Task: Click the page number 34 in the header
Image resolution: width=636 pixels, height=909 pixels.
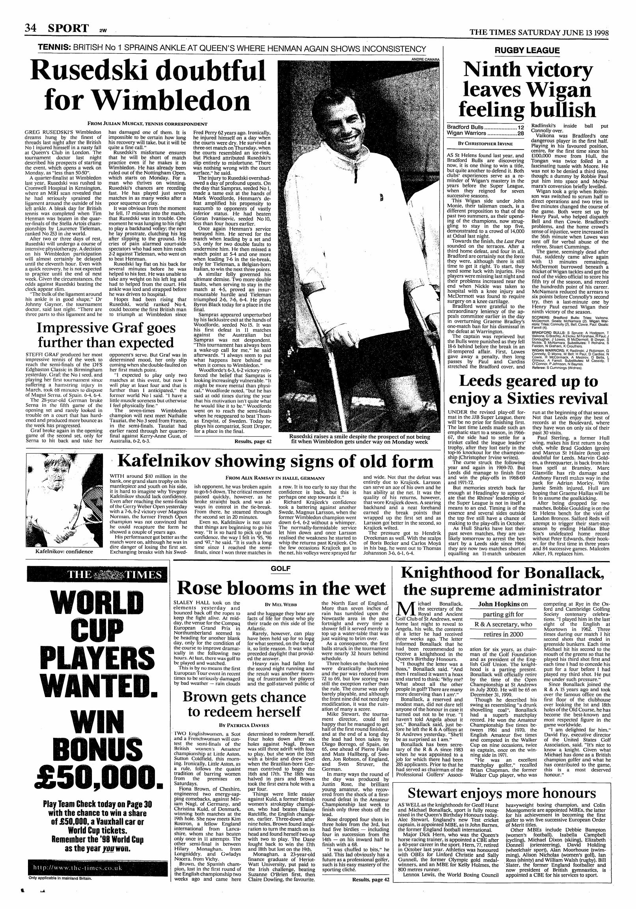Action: pos(31,28)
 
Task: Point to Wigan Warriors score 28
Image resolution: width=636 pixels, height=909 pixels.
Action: pos(520,133)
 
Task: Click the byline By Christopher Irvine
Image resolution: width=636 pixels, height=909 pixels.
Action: pos(485,143)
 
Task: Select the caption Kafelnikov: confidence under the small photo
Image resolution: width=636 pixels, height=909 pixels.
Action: pos(64,551)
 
